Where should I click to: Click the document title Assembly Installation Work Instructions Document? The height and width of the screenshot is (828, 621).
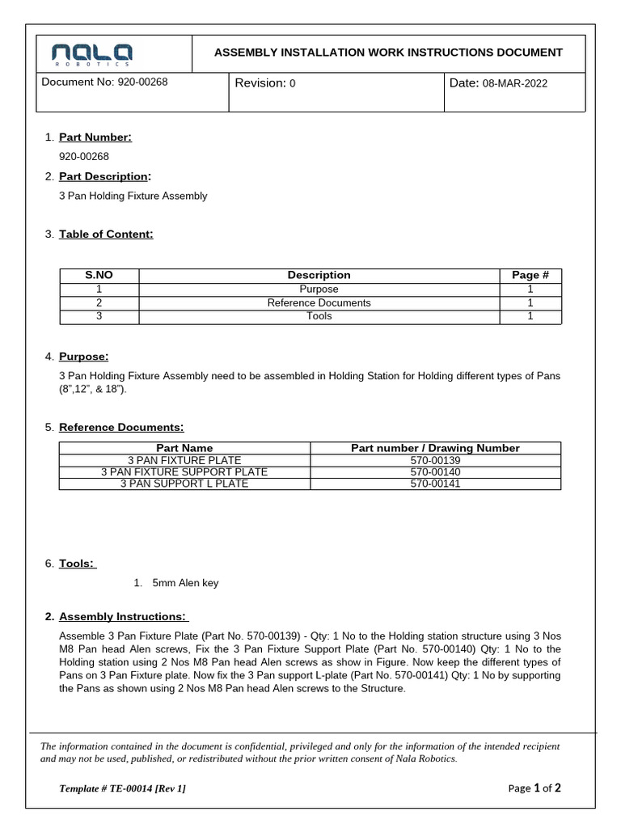coord(387,53)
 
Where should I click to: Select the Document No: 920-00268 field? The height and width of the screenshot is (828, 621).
coord(104,82)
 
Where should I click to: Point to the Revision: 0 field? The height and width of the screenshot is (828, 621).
coord(265,83)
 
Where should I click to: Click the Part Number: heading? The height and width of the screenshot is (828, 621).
coord(95,137)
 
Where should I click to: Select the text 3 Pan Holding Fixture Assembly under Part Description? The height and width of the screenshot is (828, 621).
coord(133,196)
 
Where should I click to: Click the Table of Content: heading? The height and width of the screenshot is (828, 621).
coord(106,234)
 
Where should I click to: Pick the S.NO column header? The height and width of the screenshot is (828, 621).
coord(99,275)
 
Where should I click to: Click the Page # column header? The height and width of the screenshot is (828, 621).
coord(530,275)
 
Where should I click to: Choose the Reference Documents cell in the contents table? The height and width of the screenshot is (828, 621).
coord(319,302)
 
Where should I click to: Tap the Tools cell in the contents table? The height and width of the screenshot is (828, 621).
coord(319,316)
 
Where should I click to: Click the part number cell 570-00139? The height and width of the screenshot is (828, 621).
coord(435,459)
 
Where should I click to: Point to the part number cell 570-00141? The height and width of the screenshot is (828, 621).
coord(435,484)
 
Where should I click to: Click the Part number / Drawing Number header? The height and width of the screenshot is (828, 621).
coord(435,448)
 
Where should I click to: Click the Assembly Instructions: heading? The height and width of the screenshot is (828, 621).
coord(124,617)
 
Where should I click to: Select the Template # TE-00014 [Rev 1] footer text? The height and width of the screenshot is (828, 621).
coord(122,788)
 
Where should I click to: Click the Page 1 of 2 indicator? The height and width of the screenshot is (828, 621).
coord(534,788)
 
